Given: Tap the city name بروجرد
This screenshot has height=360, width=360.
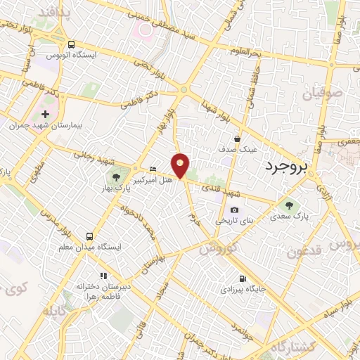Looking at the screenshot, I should pyautogui.click(x=289, y=167).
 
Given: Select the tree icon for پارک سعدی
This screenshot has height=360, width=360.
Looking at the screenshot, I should pyautogui.click(x=288, y=205).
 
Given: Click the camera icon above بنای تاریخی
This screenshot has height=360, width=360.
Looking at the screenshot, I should pyautogui.click(x=234, y=210).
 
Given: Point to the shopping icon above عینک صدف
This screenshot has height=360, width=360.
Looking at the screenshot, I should pyautogui.click(x=238, y=139).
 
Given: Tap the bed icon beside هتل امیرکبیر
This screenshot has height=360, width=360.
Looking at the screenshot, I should pyautogui.click(x=153, y=169).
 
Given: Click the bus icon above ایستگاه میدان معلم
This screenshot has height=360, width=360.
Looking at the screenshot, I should pyautogui.click(x=89, y=236).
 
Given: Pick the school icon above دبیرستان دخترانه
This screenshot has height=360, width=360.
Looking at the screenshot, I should pyautogui.click(x=103, y=276).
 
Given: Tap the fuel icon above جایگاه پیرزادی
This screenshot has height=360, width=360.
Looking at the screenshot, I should pyautogui.click(x=243, y=278).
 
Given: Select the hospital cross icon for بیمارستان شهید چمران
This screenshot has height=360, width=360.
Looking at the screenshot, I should pyautogui.click(x=46, y=114).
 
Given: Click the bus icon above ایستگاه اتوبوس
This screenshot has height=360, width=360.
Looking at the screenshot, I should pyautogui.click(x=71, y=44).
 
